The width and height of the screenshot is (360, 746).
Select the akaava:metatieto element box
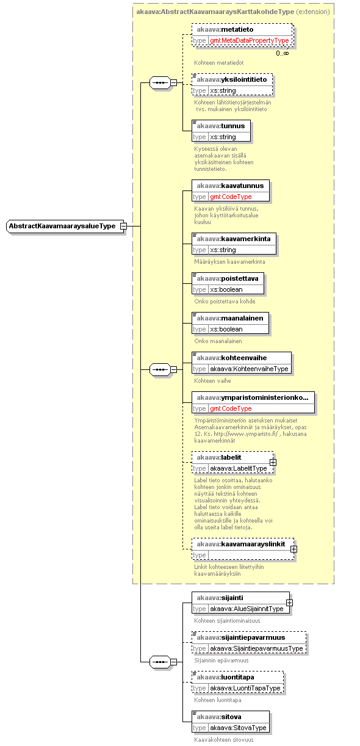243,35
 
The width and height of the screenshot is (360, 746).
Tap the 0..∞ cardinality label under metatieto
282,53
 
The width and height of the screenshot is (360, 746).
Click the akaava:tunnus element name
221,126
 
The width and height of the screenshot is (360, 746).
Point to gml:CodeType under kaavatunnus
231,197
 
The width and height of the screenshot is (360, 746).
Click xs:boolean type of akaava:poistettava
226,290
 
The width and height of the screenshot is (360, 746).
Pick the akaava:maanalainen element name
230,318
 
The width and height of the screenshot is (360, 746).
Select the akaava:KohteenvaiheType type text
249,369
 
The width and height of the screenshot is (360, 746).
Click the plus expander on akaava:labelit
273,462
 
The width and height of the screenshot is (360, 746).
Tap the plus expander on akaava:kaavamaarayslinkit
293,549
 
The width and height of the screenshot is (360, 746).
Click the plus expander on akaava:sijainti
289,603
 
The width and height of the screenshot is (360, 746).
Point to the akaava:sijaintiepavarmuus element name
241,637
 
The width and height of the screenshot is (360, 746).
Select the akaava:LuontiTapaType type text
245,688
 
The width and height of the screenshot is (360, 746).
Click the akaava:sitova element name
219,717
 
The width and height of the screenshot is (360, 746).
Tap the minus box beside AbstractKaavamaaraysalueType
123,226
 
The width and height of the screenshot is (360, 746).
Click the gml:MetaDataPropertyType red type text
249,41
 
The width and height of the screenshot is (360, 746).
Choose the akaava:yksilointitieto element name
232,79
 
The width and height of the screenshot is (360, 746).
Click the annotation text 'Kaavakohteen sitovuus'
224,740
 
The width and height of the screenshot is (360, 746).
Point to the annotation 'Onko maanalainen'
218,341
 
